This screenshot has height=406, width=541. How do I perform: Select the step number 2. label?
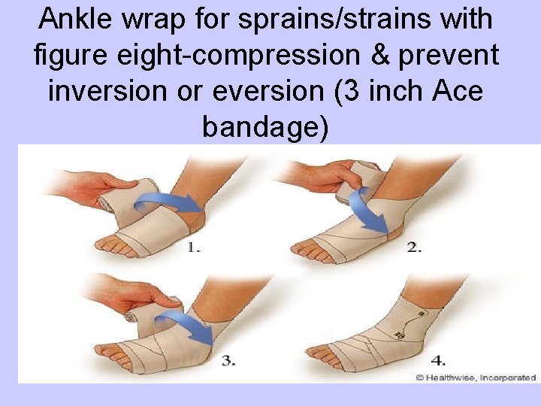pyautogui.click(x=414, y=247)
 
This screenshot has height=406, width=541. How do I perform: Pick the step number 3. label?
pyautogui.click(x=229, y=360)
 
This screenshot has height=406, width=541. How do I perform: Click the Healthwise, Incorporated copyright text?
pyautogui.click(x=476, y=377)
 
